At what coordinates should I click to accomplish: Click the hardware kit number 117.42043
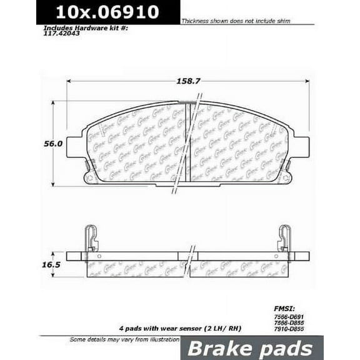[62, 36]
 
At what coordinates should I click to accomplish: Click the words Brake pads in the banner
[260, 347]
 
